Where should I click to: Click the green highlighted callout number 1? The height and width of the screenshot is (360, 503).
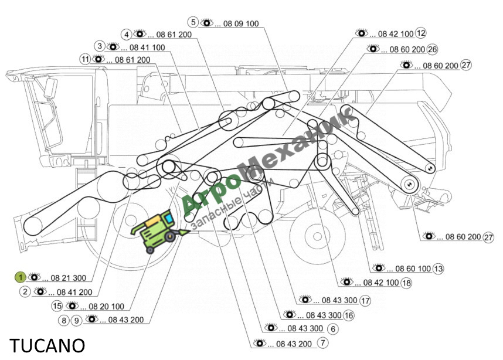pos(20,277)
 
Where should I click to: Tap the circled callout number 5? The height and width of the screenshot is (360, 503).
pos(193,22)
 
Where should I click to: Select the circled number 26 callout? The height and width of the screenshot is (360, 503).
pos(433,49)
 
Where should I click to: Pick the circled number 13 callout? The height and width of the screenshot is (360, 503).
pos(438,269)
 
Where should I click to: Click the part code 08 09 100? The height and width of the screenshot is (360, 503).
pos(241,23)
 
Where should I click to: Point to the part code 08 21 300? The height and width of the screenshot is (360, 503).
pos(69,278)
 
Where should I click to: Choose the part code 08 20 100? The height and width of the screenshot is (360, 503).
pos(106,307)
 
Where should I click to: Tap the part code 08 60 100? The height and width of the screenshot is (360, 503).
pos(413,269)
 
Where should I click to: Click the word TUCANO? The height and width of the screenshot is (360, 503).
pos(47,345)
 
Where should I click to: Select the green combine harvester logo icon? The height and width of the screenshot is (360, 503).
pos(159,230)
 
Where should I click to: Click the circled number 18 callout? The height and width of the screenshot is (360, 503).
pos(406,283)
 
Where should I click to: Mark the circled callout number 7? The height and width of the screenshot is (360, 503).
pos(322,342)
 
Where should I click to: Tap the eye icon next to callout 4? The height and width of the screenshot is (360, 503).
pos(140,33)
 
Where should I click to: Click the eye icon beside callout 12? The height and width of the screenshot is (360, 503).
pos(362,33)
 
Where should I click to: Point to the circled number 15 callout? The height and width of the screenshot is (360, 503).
pos(57,306)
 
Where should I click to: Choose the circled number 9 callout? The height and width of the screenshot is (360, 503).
pos(76,320)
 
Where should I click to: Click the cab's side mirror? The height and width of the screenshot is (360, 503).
pos(50,87)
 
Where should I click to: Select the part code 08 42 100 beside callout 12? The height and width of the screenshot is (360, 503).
pos(396,33)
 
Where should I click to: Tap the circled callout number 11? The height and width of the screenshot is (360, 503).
pos(85,59)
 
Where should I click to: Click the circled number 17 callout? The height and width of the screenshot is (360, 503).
pos(365,301)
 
